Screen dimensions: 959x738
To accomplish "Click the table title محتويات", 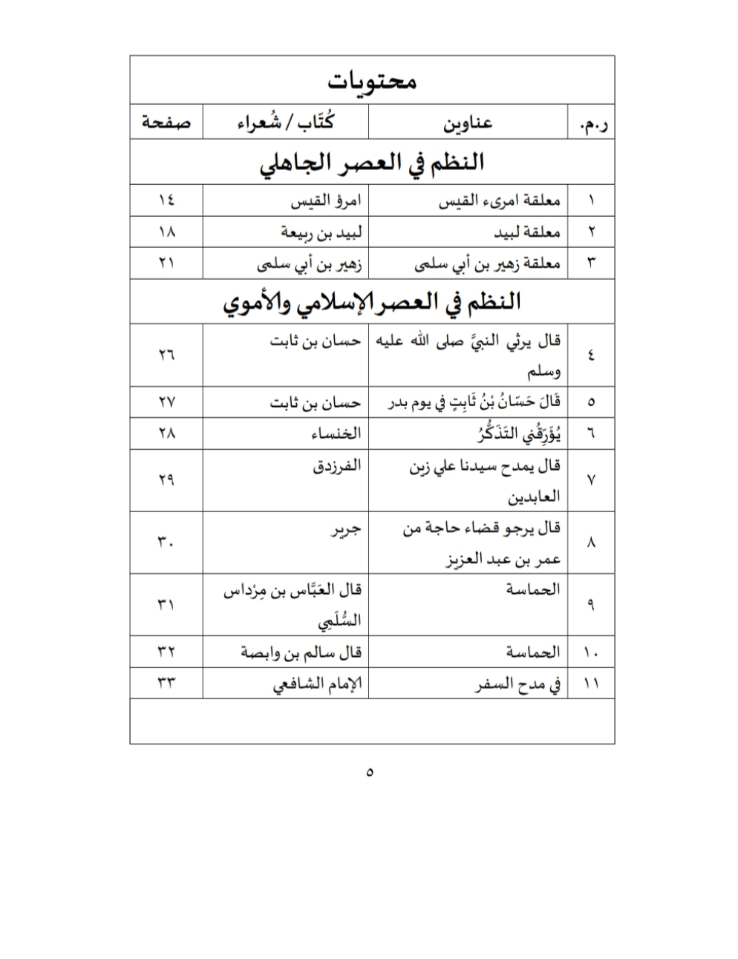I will click(372, 79).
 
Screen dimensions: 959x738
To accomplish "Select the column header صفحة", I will click(166, 122).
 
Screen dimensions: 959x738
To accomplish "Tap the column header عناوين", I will click(468, 122).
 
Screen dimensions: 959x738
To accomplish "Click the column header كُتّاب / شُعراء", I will click(285, 122).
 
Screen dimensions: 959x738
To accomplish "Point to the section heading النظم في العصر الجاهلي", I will click(371, 163).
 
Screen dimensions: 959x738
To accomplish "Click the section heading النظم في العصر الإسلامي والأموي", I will click(371, 302).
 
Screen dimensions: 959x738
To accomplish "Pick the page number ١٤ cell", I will click(166, 200).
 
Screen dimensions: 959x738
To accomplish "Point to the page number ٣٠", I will click(166, 543).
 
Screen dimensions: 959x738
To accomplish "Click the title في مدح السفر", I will click(517, 684).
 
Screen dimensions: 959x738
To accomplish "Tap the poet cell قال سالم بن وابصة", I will click(301, 653).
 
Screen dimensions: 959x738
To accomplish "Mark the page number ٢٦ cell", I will click(166, 355).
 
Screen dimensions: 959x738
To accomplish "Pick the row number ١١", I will click(592, 684).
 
